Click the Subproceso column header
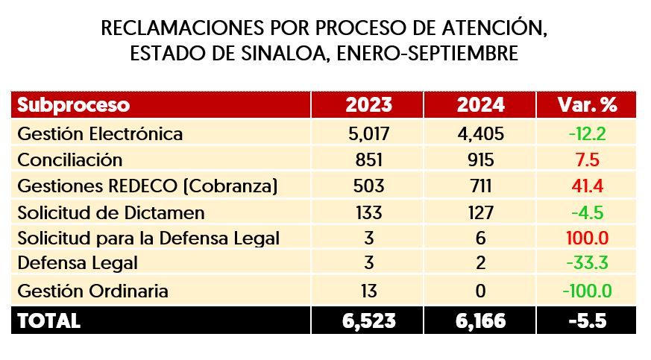click(73, 105)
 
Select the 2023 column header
click(368, 105)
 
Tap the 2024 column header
click(479, 105)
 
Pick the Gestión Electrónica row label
click(99, 134)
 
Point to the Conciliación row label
click(69, 160)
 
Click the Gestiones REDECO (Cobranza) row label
click(147, 186)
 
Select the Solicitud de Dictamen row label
click(110, 212)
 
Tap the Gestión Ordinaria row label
click(92, 291)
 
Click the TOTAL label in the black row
click(48, 320)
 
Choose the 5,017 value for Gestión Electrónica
click(368, 134)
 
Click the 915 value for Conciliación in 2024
click(479, 160)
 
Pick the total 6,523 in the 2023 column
click(368, 320)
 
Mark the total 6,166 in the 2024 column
click(479, 320)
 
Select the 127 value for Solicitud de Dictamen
click(479, 212)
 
